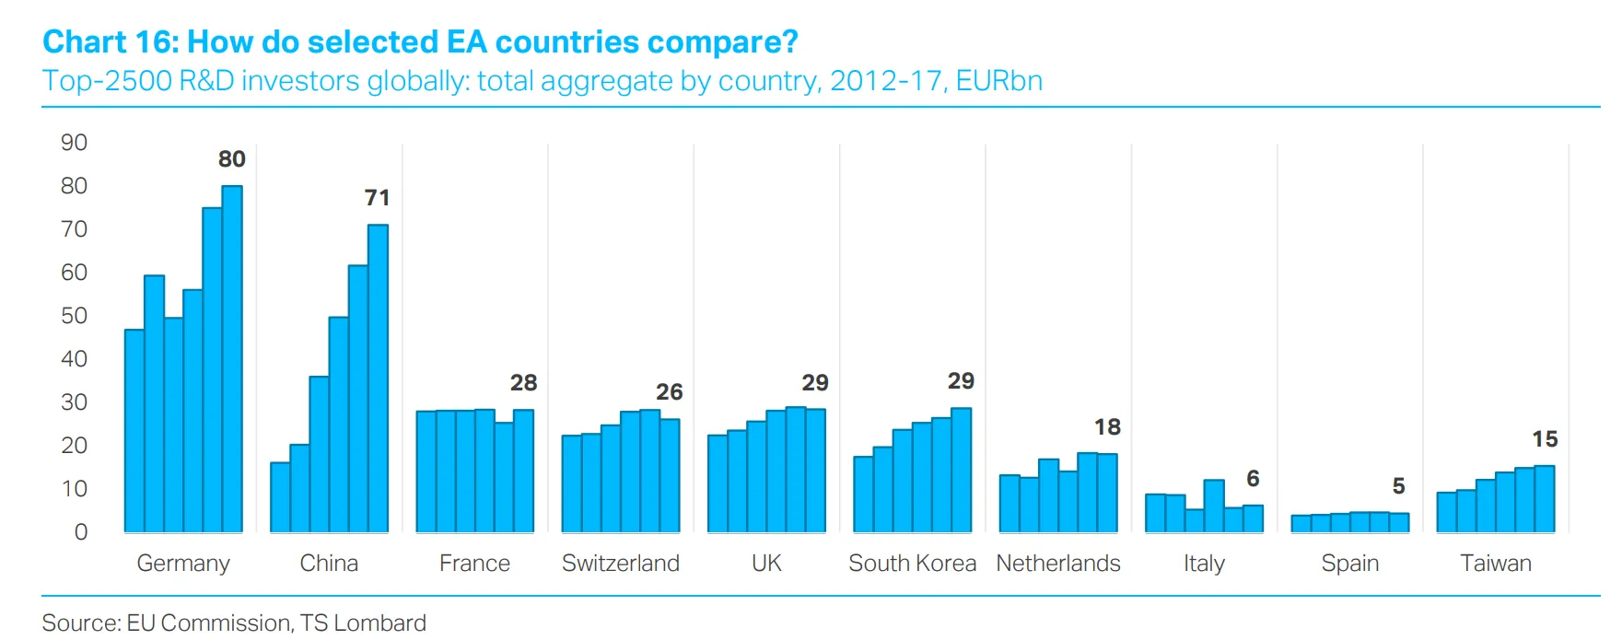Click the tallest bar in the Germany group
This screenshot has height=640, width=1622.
point(232,359)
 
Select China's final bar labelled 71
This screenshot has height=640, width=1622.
point(378,378)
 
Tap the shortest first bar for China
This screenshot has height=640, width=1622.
point(280,497)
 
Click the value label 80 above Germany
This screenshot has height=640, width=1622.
point(232,159)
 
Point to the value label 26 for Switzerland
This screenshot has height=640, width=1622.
point(670,392)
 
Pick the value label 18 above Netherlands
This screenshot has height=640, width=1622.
point(1107,427)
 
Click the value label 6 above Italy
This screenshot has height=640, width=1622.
point(1253,479)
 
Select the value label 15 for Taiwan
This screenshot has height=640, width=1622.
point(1545,439)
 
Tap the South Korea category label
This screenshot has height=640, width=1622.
point(912,564)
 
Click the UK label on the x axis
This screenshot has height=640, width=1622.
point(766,564)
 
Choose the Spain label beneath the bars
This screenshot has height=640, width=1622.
point(1349,564)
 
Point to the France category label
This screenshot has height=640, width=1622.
point(474,564)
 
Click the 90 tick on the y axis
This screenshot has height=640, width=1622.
point(74,143)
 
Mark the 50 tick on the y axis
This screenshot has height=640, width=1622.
point(74,316)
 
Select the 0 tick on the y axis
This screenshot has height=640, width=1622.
point(81,532)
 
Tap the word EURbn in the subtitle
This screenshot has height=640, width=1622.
point(999,81)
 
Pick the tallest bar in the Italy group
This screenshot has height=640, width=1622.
point(1214,506)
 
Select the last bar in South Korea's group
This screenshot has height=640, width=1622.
point(961,470)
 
